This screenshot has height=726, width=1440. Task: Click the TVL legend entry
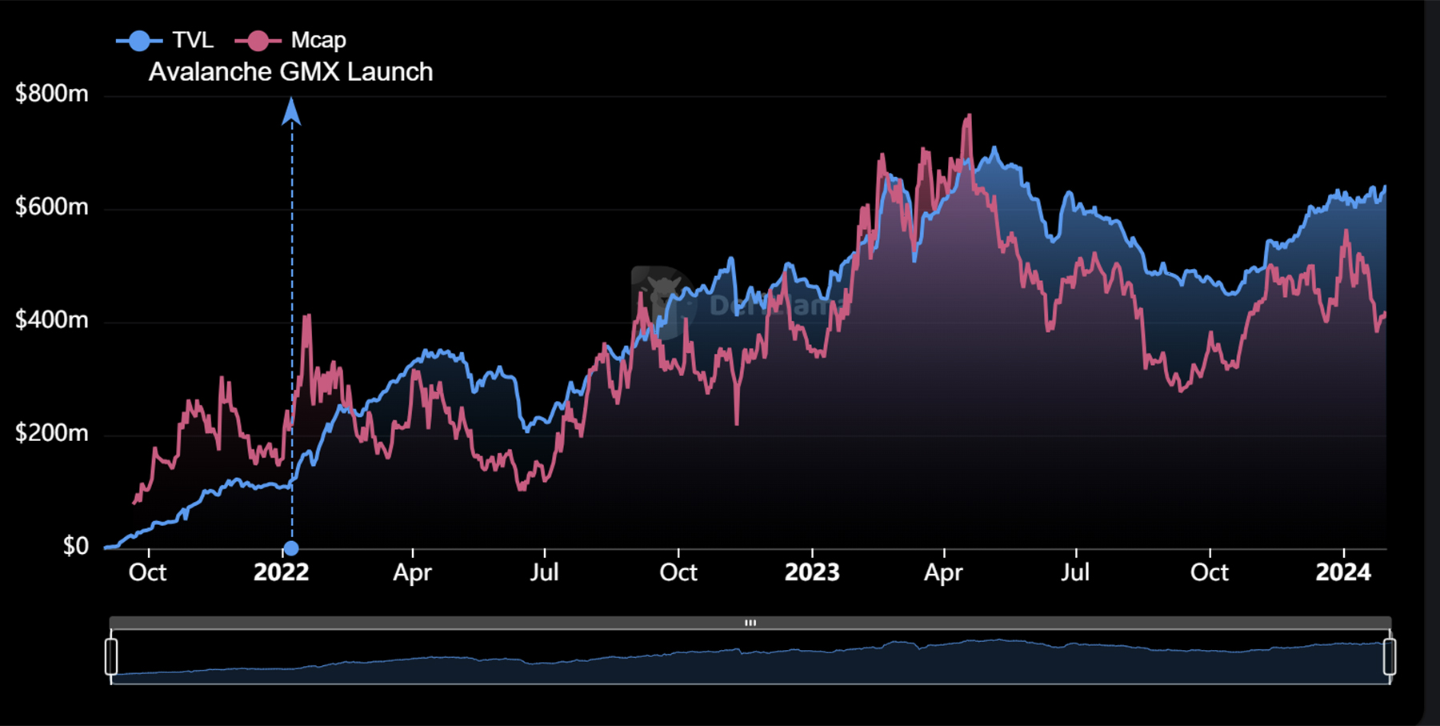pos(166,40)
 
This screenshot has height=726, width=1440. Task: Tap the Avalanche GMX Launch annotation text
pos(290,72)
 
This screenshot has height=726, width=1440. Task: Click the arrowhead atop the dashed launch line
pos(292,111)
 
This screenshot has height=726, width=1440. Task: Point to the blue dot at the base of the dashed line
pos(292,548)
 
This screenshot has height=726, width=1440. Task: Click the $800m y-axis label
pos(52,94)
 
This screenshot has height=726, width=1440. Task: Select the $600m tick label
pos(52,207)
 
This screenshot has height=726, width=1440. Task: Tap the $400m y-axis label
pos(52,320)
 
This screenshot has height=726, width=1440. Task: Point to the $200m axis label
pos(52,433)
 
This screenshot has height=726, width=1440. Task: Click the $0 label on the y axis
pos(76,546)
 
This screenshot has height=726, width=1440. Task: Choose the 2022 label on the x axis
pos(281,572)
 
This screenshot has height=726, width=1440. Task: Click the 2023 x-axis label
pos(812,572)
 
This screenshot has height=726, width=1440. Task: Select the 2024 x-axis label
pos(1343,572)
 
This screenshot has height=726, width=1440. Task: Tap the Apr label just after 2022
pos(412,572)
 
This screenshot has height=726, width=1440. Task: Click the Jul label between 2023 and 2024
pos(1075,572)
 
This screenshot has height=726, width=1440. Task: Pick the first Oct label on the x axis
pos(148,572)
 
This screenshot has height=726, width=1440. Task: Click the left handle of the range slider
pos(111,656)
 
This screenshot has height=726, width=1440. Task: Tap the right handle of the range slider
pos(1390,656)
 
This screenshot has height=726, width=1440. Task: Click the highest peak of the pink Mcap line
pos(970,115)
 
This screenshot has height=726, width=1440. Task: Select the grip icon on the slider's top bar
pos(750,623)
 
